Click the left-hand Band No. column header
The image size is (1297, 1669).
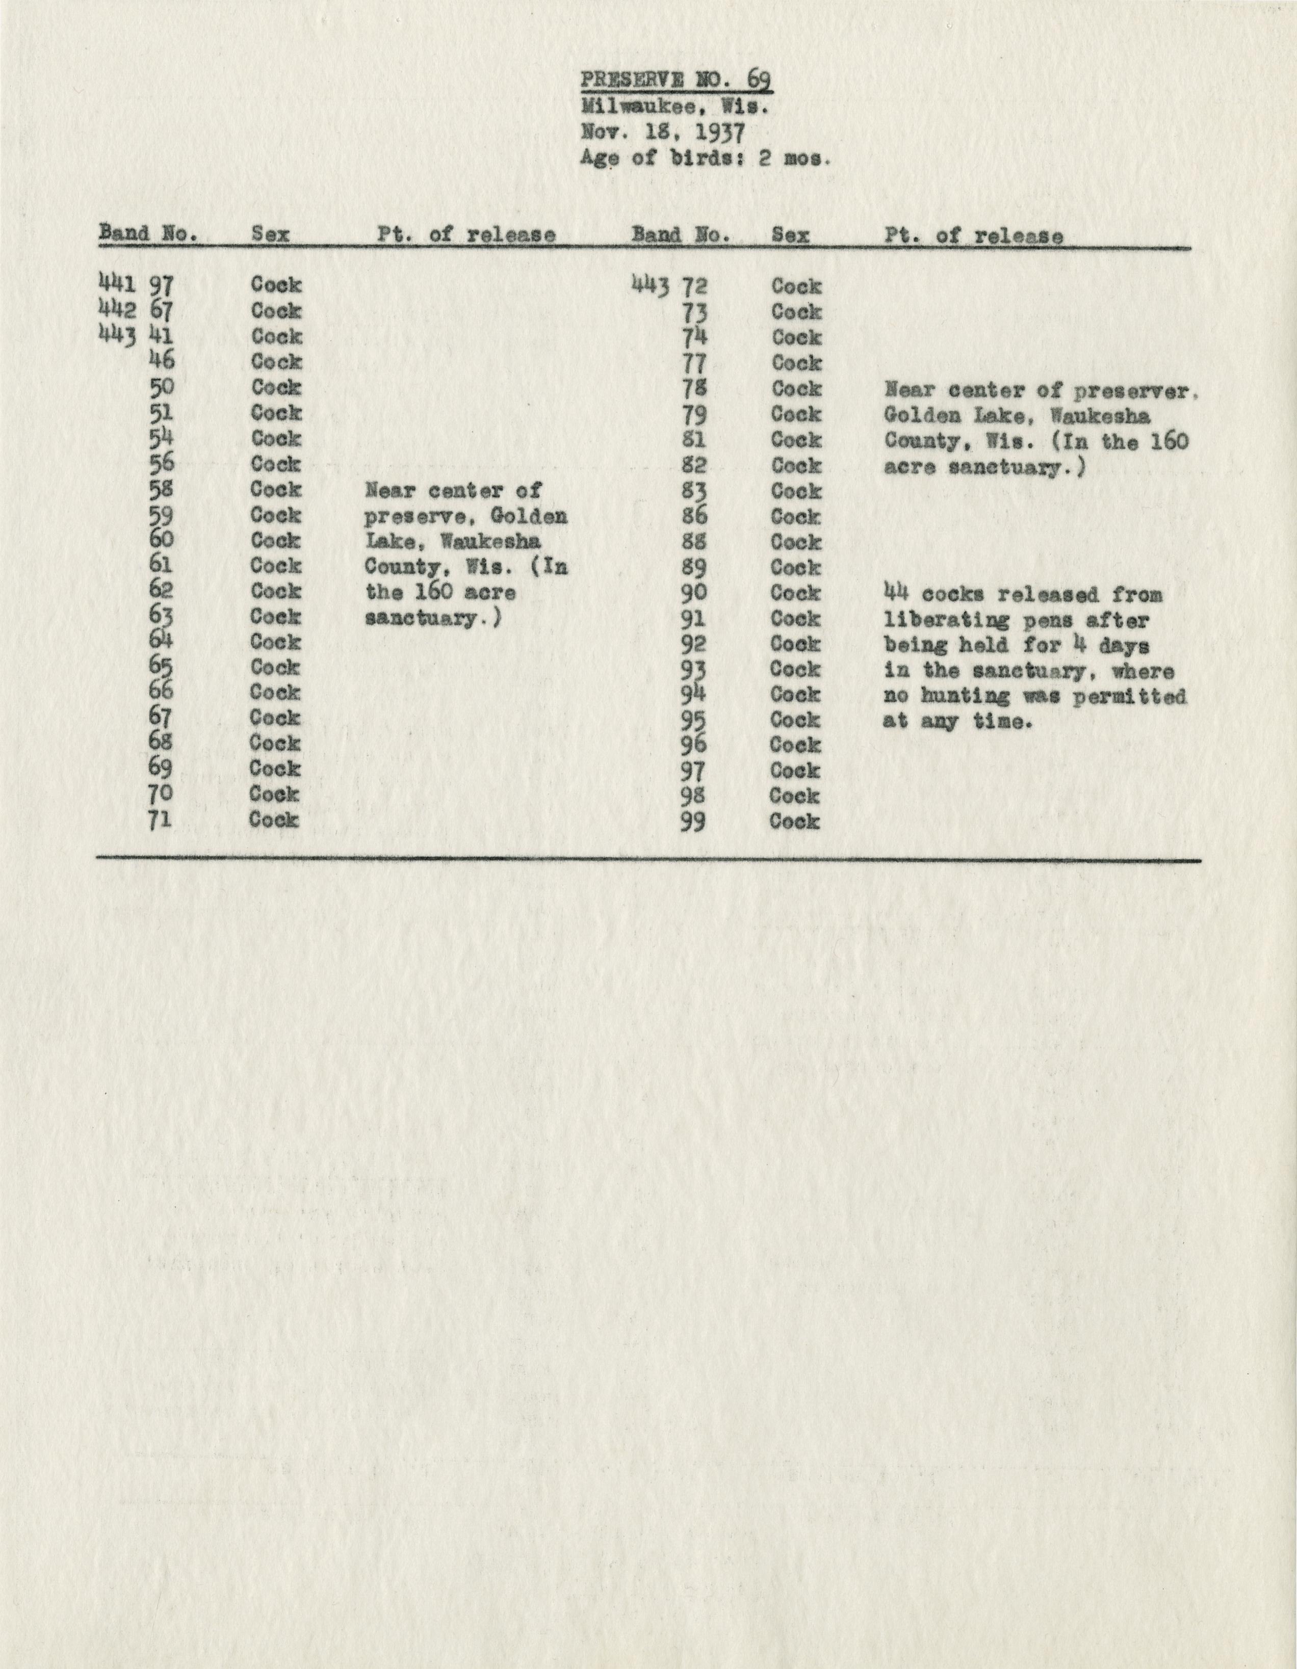(x=148, y=234)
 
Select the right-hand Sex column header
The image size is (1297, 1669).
(x=790, y=235)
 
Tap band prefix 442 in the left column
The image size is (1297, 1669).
(x=117, y=309)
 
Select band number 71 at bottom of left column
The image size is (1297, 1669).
(x=161, y=820)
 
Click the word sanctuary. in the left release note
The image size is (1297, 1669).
(x=432, y=618)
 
